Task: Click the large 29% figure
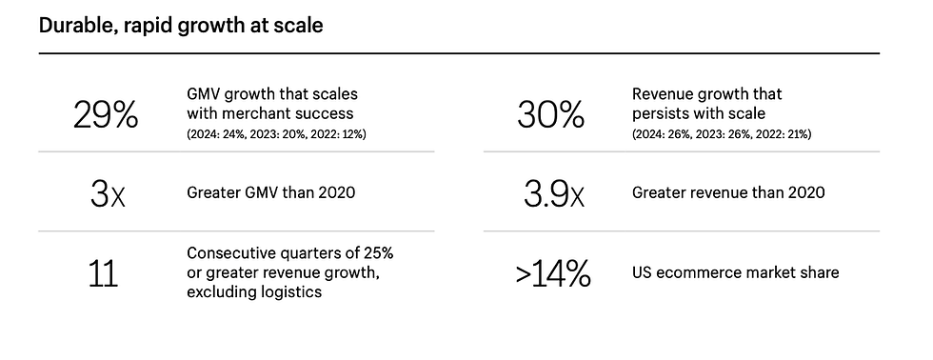click(x=106, y=115)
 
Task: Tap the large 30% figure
click(x=550, y=115)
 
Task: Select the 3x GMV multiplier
click(x=108, y=193)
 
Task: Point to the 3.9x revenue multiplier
click(x=554, y=193)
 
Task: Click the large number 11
click(x=103, y=274)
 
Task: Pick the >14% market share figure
click(x=553, y=274)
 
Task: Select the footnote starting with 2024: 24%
click(x=276, y=134)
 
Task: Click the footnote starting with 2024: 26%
click(x=722, y=134)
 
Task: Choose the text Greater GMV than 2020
click(x=270, y=192)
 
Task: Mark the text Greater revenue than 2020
click(x=728, y=192)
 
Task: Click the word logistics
click(x=295, y=292)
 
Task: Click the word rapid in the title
click(x=144, y=26)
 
